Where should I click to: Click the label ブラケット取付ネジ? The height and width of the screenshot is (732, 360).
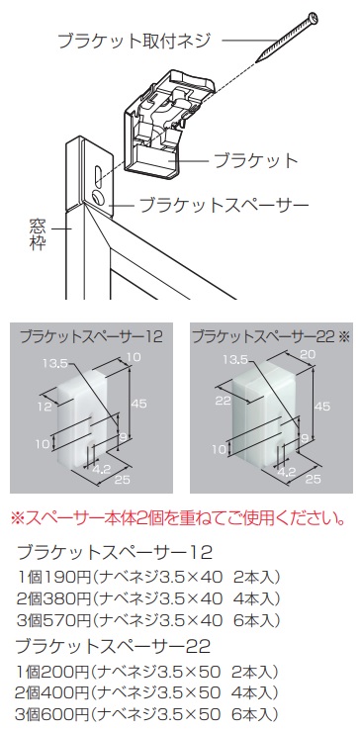[x=134, y=41]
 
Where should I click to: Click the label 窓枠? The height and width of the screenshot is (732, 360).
[x=37, y=235]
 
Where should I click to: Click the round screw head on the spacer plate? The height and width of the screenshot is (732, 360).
[x=98, y=198]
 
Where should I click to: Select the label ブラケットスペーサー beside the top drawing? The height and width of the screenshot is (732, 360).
[x=225, y=204]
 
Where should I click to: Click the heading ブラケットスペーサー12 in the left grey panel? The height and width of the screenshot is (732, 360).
[x=92, y=337]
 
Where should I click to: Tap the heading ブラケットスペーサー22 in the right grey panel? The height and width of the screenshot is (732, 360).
[x=264, y=336]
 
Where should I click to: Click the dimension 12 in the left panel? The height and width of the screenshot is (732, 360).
[x=45, y=407]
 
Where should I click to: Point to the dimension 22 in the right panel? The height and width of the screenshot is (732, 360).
[x=225, y=402]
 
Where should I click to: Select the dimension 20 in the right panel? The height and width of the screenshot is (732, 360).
[x=309, y=355]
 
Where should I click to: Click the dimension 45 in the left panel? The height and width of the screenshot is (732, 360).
[x=137, y=403]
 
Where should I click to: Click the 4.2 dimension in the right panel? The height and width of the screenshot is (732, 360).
[x=283, y=472]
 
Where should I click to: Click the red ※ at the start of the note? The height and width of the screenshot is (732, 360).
[x=17, y=518]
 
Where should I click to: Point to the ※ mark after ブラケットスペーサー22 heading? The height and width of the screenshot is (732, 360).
[x=343, y=337]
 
